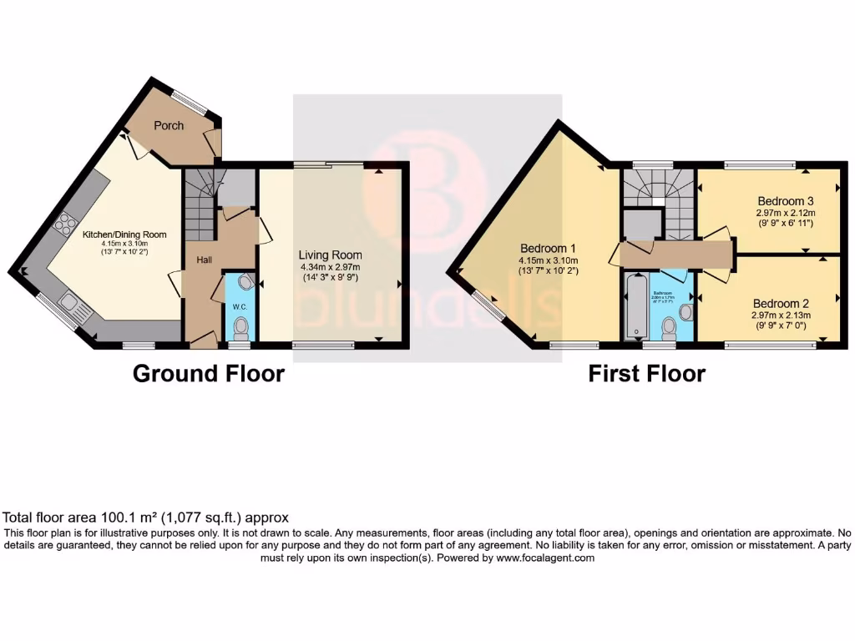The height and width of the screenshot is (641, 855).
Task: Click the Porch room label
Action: click(x=169, y=125)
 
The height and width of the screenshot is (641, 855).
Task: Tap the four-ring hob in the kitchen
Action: click(x=63, y=223)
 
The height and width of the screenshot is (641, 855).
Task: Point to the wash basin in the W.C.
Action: click(x=245, y=282)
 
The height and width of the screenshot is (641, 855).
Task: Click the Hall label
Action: click(x=204, y=260)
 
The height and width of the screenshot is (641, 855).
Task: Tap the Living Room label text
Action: click(x=331, y=255)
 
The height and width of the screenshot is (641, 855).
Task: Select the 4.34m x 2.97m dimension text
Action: click(x=331, y=267)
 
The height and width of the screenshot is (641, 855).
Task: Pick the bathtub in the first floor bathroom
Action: click(x=635, y=309)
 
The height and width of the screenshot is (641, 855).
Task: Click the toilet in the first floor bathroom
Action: click(x=669, y=326)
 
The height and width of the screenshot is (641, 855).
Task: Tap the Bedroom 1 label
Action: click(x=548, y=248)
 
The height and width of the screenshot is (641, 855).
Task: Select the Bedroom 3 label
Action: click(x=786, y=201)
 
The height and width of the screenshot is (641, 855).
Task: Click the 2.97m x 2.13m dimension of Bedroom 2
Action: click(x=781, y=315)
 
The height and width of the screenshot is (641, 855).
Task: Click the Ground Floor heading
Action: click(x=209, y=373)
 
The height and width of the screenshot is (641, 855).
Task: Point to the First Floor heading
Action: click(x=646, y=373)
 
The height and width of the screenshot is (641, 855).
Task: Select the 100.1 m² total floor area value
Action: click(x=121, y=517)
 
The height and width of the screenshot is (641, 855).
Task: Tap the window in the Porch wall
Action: click(x=191, y=103)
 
